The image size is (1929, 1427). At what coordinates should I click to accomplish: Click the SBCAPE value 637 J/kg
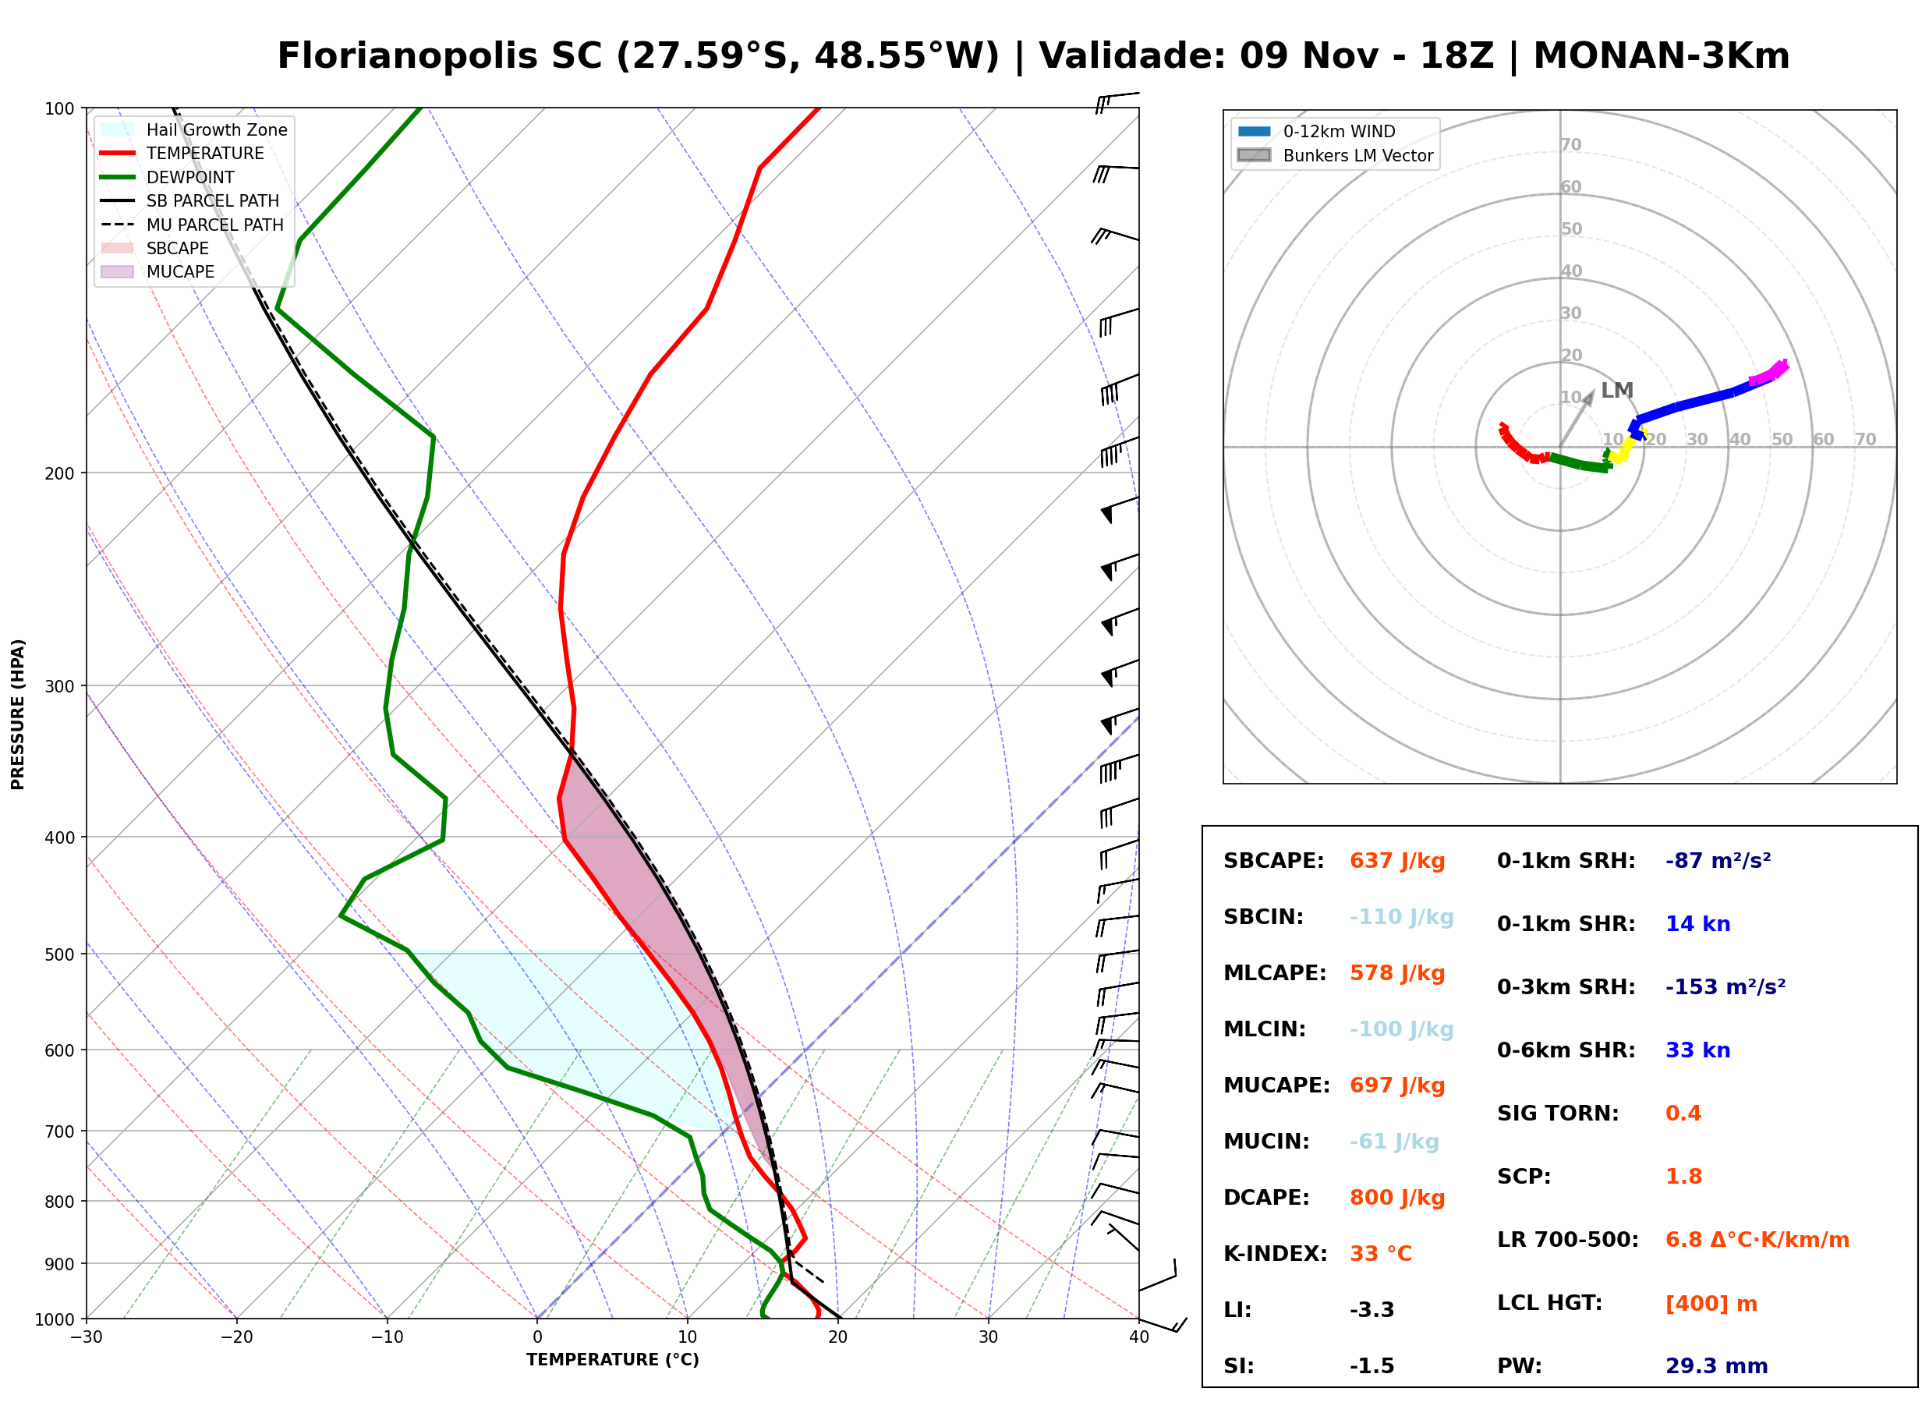[1397, 861]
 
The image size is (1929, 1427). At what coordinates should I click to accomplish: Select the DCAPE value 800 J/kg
[1397, 1198]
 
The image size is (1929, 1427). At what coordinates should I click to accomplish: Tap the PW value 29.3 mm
[1717, 1366]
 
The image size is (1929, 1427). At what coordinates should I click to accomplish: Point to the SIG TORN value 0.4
[1683, 1114]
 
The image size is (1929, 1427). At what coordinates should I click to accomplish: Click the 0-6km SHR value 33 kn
[1697, 1050]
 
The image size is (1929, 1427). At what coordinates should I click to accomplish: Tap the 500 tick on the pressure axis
[61, 954]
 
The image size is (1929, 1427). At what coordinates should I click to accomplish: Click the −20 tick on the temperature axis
[236, 1337]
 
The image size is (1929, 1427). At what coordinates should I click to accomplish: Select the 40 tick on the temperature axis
[1139, 1337]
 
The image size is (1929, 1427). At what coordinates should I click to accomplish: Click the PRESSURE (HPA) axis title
[18, 714]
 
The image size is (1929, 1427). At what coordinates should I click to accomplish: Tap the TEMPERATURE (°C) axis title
[613, 1360]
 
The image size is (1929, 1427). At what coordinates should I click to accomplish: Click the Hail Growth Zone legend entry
[194, 129]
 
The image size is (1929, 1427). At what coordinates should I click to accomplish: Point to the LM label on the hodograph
[1617, 391]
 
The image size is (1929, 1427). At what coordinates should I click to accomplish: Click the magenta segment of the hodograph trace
[1768, 372]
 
